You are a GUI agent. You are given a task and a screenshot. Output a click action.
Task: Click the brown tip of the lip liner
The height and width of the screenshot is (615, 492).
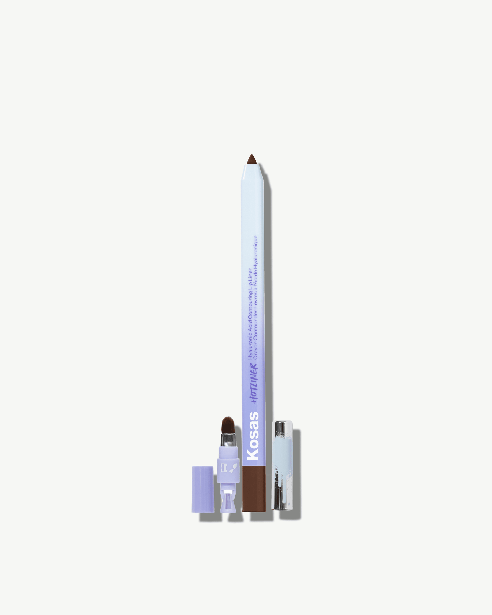coord(251,159)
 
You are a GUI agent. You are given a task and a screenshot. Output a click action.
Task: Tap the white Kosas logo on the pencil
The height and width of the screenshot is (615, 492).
coord(253,436)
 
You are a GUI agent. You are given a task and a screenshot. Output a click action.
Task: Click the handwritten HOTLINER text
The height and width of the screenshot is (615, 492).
coord(254,383)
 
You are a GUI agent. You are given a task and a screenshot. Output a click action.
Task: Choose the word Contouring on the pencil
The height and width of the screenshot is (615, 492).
coord(250,305)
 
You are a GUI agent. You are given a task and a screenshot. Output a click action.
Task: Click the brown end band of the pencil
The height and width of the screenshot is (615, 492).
coord(254,489)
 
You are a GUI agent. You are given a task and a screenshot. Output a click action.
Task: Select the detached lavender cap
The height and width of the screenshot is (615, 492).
coord(203,489)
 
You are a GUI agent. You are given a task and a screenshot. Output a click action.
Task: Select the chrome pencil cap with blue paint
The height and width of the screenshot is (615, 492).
coord(283,465)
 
